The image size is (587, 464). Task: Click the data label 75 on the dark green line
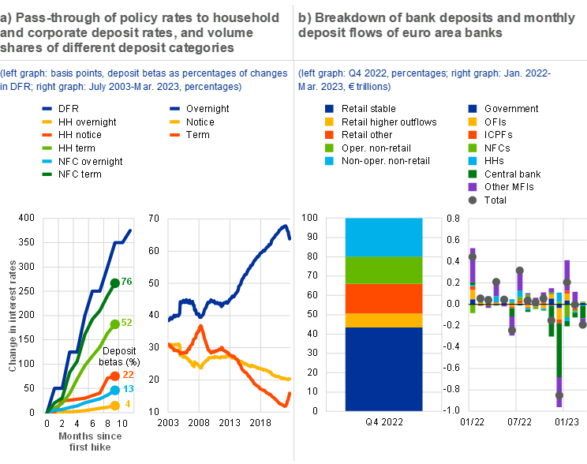[x=126, y=283]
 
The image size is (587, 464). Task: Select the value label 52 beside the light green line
[x=126, y=324]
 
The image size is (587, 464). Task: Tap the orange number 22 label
[x=126, y=376]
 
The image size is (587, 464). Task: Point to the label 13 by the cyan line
[x=126, y=390]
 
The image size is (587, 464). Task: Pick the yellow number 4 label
[x=127, y=405]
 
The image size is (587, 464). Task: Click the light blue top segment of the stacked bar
[x=384, y=238]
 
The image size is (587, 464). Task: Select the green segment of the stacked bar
[x=384, y=270]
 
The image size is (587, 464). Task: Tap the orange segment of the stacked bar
[x=384, y=298]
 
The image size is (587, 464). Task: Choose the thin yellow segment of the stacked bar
[x=384, y=320]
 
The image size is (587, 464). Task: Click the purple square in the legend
[x=473, y=187]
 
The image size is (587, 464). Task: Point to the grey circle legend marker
[x=473, y=200]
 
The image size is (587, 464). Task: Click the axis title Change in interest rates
[x=13, y=316]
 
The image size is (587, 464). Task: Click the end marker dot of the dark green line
[x=114, y=283]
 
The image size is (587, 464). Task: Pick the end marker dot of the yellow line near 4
[x=114, y=405]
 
